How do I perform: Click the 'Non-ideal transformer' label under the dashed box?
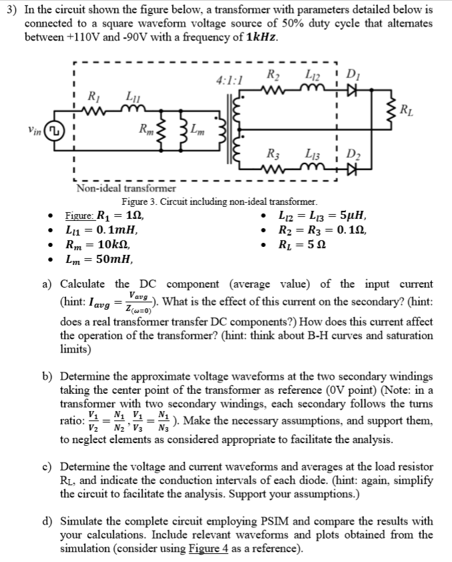coord(125,189)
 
